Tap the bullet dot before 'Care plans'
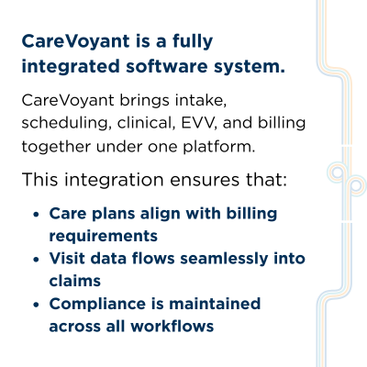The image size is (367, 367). [x=36, y=214]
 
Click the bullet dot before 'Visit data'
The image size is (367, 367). [x=36, y=260]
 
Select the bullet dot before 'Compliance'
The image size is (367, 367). [x=36, y=305]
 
